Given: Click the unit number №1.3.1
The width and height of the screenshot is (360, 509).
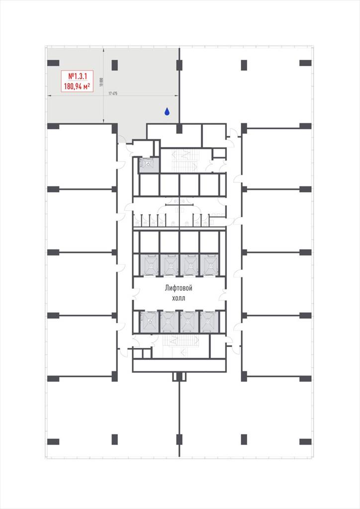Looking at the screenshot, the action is pos(77,76).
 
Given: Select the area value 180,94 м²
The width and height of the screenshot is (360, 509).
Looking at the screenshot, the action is pos(77,86).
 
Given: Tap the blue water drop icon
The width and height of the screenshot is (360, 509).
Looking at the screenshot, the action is pos(167,112).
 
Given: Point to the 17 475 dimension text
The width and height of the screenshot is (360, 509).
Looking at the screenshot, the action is pos(113,93).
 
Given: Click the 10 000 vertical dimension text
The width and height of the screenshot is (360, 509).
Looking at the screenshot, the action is pos(101,82).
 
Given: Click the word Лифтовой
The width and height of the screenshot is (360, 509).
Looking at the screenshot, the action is pos(179,288).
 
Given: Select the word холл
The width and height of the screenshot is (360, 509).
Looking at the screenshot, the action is pos(179,298).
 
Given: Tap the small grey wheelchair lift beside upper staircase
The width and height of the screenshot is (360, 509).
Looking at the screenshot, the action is pos(149,165).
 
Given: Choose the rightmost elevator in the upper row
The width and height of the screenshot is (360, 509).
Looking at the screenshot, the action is pos(209,265).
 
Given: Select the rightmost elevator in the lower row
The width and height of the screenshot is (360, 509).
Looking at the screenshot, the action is pos(209,322).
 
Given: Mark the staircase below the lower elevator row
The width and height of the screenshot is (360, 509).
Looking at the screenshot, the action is pos(180,346).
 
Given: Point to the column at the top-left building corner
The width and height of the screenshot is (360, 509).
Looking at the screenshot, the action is pos(53,63).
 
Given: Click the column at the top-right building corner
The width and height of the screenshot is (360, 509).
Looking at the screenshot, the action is pos(305,63).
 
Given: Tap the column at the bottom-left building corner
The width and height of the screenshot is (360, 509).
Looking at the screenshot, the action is pos(53,441).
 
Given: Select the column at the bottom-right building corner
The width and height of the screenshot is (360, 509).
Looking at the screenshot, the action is pos(305,441).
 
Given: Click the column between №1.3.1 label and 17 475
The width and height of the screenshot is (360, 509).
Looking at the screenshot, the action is pos(114,65).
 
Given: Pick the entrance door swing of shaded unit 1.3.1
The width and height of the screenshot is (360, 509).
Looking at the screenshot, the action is pos(122,139).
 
